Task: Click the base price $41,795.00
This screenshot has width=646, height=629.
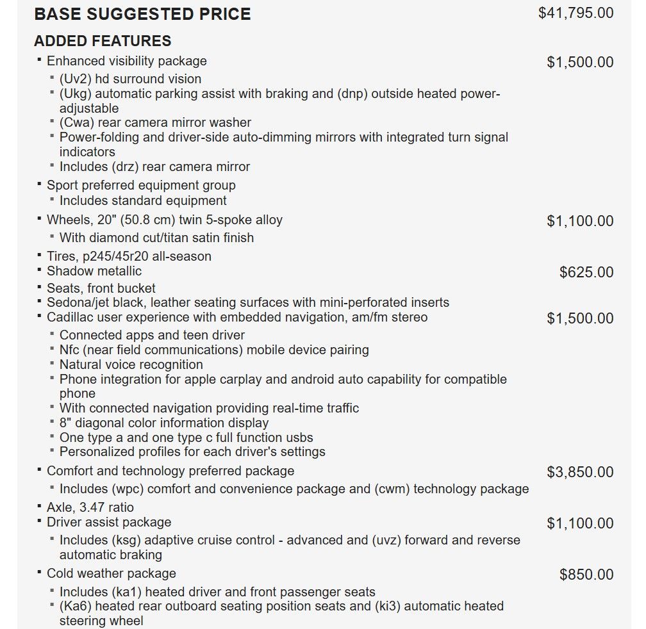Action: pos(576,13)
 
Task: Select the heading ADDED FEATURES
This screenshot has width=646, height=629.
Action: pos(103,41)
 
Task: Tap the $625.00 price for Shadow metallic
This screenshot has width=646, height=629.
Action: pos(586,272)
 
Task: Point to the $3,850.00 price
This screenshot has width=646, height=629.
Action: pos(580,472)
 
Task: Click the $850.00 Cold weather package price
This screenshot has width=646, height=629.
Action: pos(586,575)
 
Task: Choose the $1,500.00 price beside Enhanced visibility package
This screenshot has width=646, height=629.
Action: pos(580,62)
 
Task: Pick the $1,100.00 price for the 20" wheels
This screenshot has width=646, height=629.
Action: pos(580,221)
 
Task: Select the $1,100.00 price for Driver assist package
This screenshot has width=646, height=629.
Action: pos(580,523)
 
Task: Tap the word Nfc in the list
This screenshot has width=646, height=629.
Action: pos(70,350)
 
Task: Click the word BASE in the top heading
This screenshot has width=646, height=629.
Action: pos(56,14)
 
